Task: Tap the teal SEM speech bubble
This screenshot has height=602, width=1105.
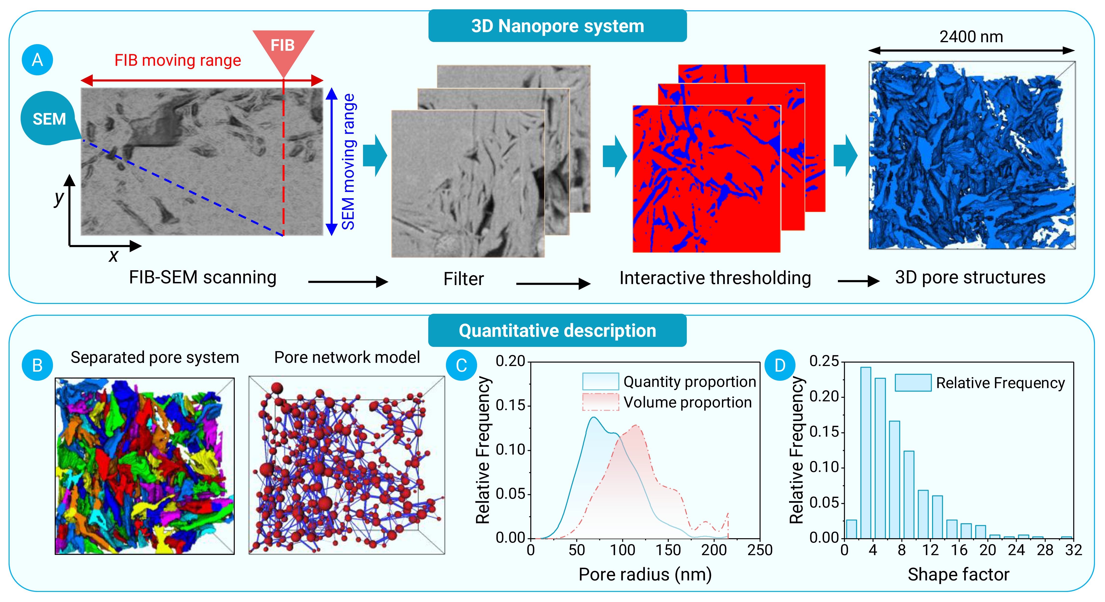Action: click(x=49, y=118)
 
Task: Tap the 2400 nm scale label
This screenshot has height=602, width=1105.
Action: click(x=971, y=37)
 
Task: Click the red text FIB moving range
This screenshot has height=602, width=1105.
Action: click(x=178, y=61)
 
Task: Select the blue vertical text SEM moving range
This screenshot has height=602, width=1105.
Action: click(x=348, y=162)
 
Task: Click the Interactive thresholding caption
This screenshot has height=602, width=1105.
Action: click(x=715, y=278)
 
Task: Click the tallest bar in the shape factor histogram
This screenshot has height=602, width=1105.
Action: click(x=866, y=453)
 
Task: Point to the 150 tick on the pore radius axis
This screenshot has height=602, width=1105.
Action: click(x=668, y=550)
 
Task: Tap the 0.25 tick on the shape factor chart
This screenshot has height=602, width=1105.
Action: click(x=824, y=361)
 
